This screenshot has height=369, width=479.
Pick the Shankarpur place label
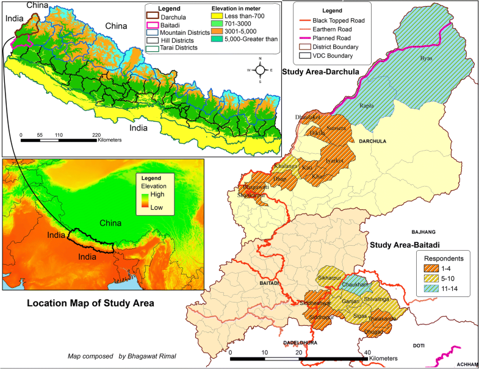click(251, 195)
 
